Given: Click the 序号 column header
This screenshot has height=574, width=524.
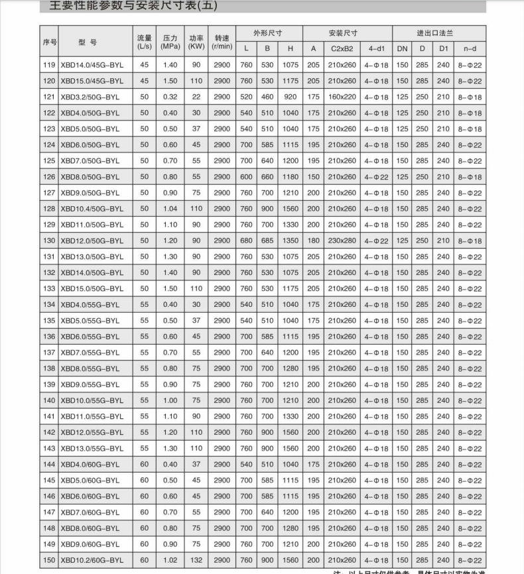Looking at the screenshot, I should [49, 41].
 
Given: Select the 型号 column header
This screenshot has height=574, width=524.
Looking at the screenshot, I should [88, 41].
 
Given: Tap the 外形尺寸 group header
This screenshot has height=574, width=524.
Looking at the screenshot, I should [268, 32].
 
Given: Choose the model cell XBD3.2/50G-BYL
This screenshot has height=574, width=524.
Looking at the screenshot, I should [90, 97].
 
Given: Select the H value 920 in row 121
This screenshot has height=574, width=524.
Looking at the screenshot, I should [290, 97].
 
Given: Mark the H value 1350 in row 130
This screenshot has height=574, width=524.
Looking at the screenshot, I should [290, 241].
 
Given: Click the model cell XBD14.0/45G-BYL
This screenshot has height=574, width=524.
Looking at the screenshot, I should [92, 65].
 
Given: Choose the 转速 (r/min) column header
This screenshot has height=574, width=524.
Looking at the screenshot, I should [221, 41].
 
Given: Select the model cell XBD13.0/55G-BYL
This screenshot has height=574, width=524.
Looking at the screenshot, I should [92, 448].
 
